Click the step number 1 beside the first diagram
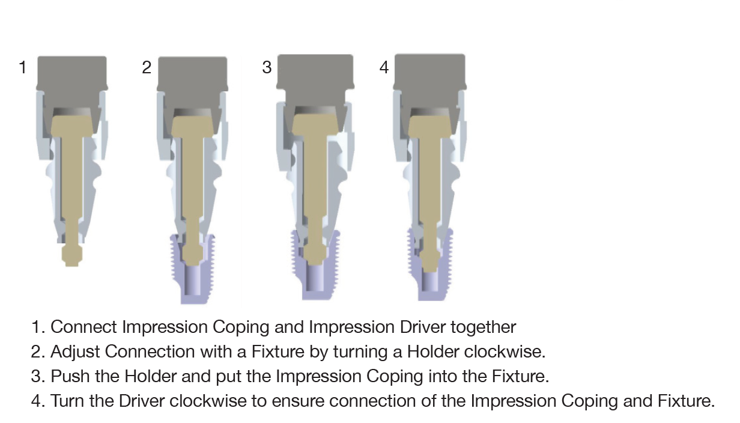22,67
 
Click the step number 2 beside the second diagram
147,67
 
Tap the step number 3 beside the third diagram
267,67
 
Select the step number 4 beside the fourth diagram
384,67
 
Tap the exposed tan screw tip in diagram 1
72,256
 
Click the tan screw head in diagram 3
315,126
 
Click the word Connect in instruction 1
83,327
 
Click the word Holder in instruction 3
150,376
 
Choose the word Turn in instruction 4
68,401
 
